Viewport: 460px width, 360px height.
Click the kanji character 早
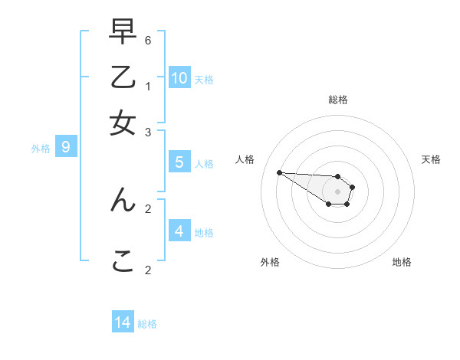[123, 34]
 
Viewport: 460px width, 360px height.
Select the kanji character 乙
[123, 78]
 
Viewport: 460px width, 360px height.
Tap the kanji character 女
[123, 123]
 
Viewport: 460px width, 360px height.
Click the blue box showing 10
[179, 77]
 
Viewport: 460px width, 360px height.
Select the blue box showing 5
[179, 162]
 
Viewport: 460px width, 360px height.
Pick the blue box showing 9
[66, 146]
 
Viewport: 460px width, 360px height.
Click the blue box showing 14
[123, 322]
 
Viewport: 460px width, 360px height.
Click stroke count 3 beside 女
[149, 133]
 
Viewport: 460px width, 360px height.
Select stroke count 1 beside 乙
[149, 86]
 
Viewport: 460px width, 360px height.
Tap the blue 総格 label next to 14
[147, 324]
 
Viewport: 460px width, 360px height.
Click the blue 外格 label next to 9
[41, 149]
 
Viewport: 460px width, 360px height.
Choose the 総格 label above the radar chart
[338, 100]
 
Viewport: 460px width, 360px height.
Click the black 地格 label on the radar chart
[402, 262]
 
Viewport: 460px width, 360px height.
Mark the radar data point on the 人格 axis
[279, 172]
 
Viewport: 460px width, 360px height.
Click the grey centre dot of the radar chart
[337, 191]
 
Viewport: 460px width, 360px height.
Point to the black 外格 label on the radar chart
[270, 262]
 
